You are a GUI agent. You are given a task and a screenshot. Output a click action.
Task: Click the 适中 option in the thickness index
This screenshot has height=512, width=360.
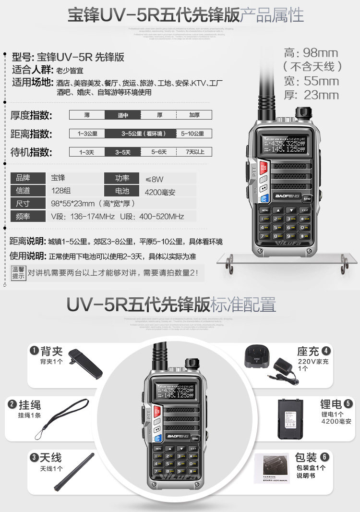pos(123,115)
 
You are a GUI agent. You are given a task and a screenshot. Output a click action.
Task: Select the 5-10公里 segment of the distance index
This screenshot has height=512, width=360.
pos(192,134)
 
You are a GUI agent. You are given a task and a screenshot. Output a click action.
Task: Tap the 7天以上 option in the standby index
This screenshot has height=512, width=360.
pos(194,152)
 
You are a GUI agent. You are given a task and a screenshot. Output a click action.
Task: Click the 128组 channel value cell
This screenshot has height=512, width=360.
pos(74,191)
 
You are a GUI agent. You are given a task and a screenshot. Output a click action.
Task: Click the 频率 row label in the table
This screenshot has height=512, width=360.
pos(27,216)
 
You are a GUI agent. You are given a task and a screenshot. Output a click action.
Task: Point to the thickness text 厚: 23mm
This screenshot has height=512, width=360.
pos(312,95)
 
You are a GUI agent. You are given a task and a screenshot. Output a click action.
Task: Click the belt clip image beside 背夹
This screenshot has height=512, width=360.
pos(85,363)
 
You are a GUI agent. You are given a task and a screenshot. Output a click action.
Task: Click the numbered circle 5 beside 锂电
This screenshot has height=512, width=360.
pos(348,403)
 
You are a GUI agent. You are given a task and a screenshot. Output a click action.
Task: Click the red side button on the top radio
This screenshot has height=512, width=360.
pos(263,168)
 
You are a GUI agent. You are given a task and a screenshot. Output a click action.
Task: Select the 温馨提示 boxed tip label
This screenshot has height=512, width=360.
pos(18,273)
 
